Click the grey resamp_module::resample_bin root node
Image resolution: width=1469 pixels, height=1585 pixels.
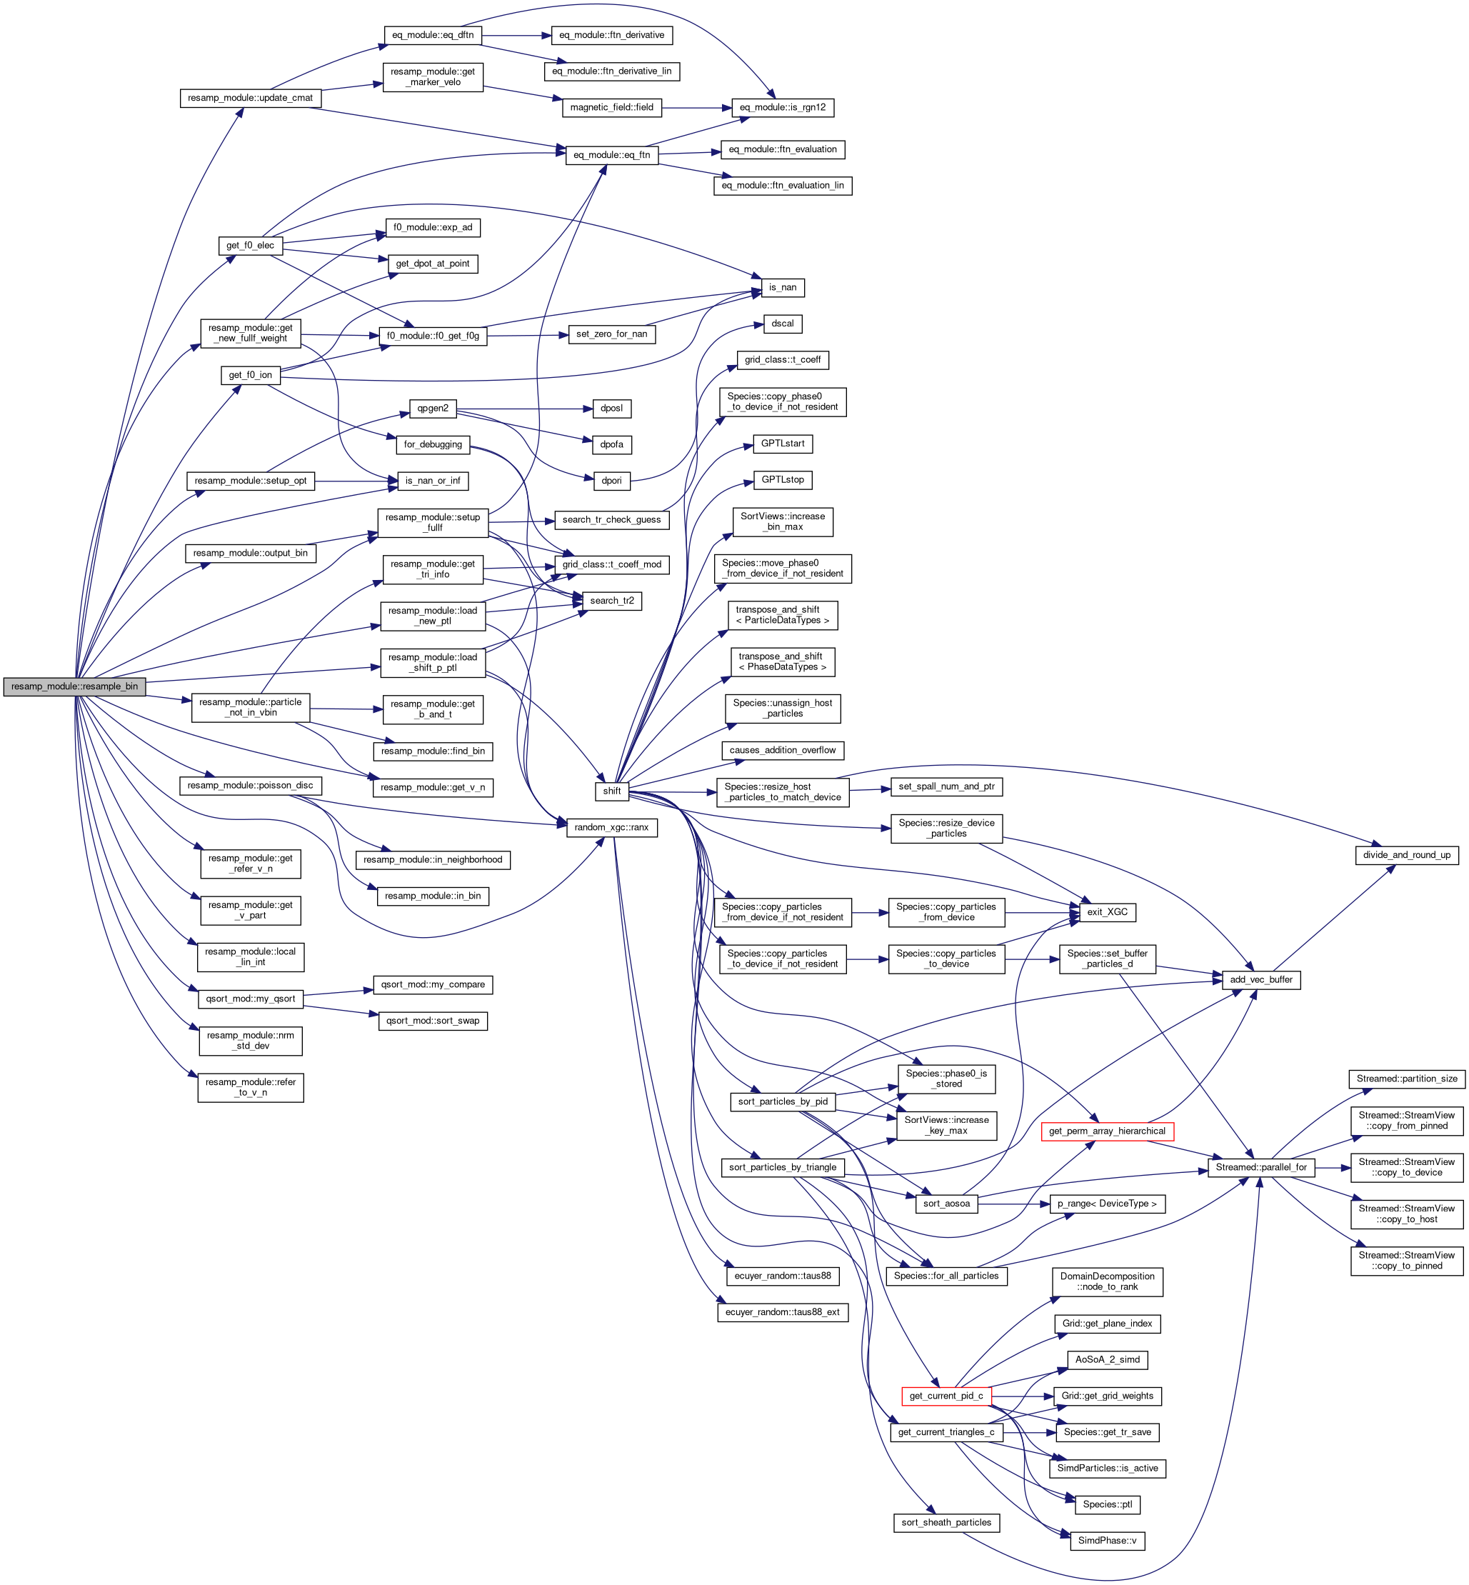click(x=74, y=686)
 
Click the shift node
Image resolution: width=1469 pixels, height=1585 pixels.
click(x=611, y=791)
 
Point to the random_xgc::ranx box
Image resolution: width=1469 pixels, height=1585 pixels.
click(x=611, y=827)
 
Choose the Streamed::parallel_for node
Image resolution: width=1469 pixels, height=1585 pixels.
click(x=1260, y=1167)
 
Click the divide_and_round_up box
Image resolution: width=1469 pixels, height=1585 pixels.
click(x=1406, y=855)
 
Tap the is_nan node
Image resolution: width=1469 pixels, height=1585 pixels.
click(x=782, y=287)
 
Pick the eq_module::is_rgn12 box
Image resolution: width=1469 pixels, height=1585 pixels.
click(x=782, y=107)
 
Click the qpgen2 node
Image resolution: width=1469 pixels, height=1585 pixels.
click(x=433, y=409)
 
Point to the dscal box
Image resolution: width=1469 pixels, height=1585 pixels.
click(x=782, y=324)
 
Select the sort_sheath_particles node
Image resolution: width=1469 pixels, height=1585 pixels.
click(x=946, y=1522)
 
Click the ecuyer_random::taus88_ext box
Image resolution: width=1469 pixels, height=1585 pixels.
click(x=782, y=1311)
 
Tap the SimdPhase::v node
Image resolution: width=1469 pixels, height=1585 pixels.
click(x=1106, y=1541)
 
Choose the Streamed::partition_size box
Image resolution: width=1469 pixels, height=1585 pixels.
click(x=1406, y=1079)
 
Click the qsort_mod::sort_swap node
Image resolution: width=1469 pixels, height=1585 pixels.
click(x=433, y=1021)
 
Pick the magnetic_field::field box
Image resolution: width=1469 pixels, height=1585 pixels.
click(x=611, y=107)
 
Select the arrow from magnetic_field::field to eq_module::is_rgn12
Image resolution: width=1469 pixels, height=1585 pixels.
click(x=696, y=107)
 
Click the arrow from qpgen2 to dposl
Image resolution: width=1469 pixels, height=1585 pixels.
click(x=525, y=409)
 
